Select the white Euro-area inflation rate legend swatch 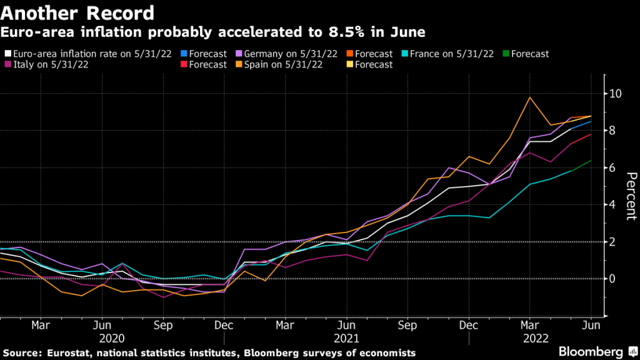(x=7, y=54)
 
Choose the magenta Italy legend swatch (x=7, y=64)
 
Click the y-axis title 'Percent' (x=630, y=196)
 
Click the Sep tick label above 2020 (x=163, y=326)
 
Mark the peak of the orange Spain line (x=530, y=97)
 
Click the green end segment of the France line (x=582, y=165)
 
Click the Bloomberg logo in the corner (x=591, y=351)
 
